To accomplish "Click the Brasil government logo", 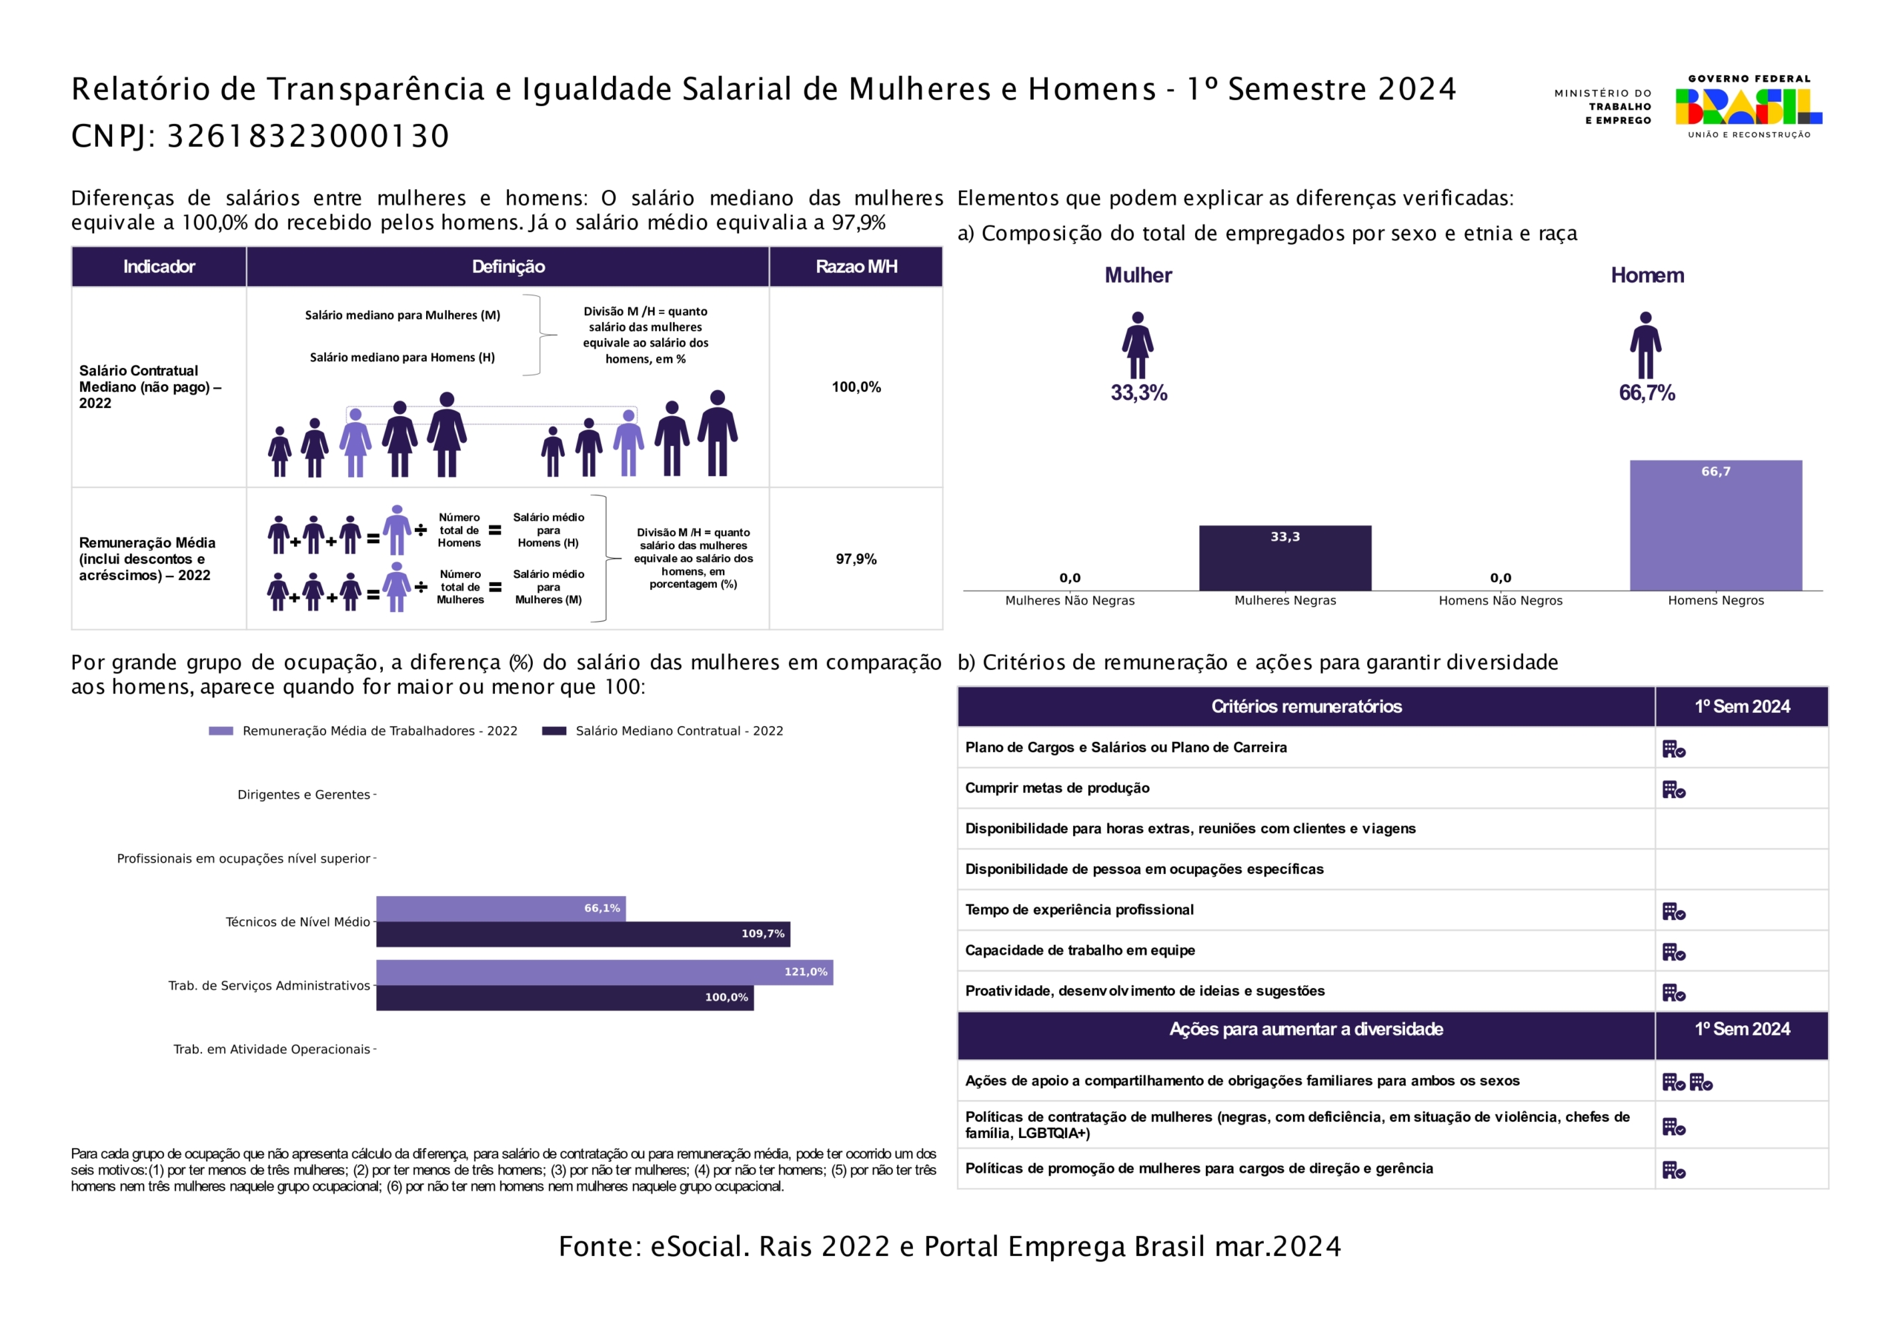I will [x=1748, y=107].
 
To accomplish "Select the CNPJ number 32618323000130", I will [x=308, y=136].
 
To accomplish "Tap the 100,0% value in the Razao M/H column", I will [x=856, y=387].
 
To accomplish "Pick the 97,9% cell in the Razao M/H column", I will [x=856, y=559].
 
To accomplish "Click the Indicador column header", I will [x=159, y=266].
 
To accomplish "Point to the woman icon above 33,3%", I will [x=1137, y=345].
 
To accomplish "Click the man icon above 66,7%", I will [x=1645, y=345].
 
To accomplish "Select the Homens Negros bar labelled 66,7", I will [x=1715, y=525].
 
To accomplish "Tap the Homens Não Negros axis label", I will [x=1500, y=601].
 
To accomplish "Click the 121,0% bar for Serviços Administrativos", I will [x=604, y=972].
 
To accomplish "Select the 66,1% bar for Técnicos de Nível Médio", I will [x=501, y=909].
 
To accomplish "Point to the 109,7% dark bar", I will [x=583, y=934].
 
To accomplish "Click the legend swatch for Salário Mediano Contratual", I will [x=554, y=731].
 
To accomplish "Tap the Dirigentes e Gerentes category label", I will [x=304, y=795].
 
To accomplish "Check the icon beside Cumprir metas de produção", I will [x=1673, y=790].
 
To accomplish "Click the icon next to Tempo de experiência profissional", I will [x=1673, y=912].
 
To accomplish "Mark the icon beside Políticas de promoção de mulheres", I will [x=1673, y=1170].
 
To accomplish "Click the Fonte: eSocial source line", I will [x=949, y=1246].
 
